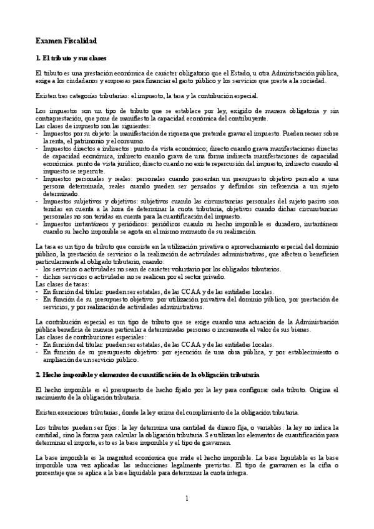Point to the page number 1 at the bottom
click(187, 498)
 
